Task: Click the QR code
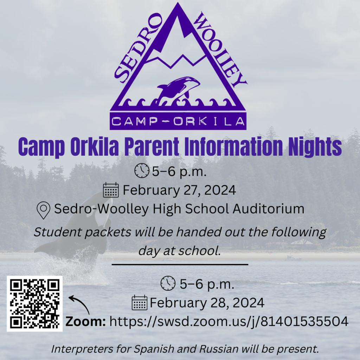[34, 303]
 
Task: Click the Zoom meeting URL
[229, 321]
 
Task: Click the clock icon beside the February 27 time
[142, 171]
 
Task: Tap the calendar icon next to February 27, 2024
[111, 190]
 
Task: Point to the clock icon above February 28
[168, 283]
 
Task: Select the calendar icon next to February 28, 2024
[139, 303]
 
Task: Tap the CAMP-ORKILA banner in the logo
[178, 121]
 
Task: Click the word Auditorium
[268, 209]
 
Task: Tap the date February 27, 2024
[179, 190]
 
